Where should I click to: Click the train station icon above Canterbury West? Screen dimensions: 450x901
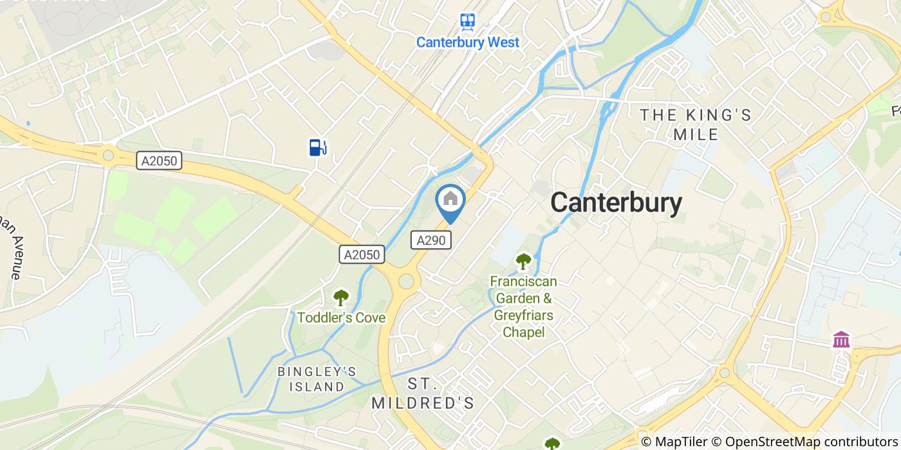[x=467, y=21]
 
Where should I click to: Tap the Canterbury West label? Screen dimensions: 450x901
[x=467, y=42]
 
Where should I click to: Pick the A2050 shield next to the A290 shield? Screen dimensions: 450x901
[x=362, y=255]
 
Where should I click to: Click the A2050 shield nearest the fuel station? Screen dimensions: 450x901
[x=160, y=161]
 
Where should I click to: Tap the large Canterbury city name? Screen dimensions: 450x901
[x=616, y=203]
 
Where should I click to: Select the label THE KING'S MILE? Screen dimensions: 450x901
[x=695, y=125]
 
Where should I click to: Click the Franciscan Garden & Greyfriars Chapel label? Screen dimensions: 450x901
[x=523, y=307]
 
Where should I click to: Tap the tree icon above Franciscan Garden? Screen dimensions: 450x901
[x=523, y=262]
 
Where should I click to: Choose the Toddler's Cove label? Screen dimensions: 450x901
[x=341, y=318]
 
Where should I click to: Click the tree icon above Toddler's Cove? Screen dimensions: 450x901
[x=340, y=297]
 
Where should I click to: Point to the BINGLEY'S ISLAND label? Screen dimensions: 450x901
[x=317, y=379]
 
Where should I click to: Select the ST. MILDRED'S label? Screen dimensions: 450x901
[x=423, y=393]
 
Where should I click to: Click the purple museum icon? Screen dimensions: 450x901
[x=841, y=339]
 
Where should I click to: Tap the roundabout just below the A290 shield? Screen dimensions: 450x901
[x=406, y=281]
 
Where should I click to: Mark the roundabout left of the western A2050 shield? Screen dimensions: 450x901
[x=107, y=154]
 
